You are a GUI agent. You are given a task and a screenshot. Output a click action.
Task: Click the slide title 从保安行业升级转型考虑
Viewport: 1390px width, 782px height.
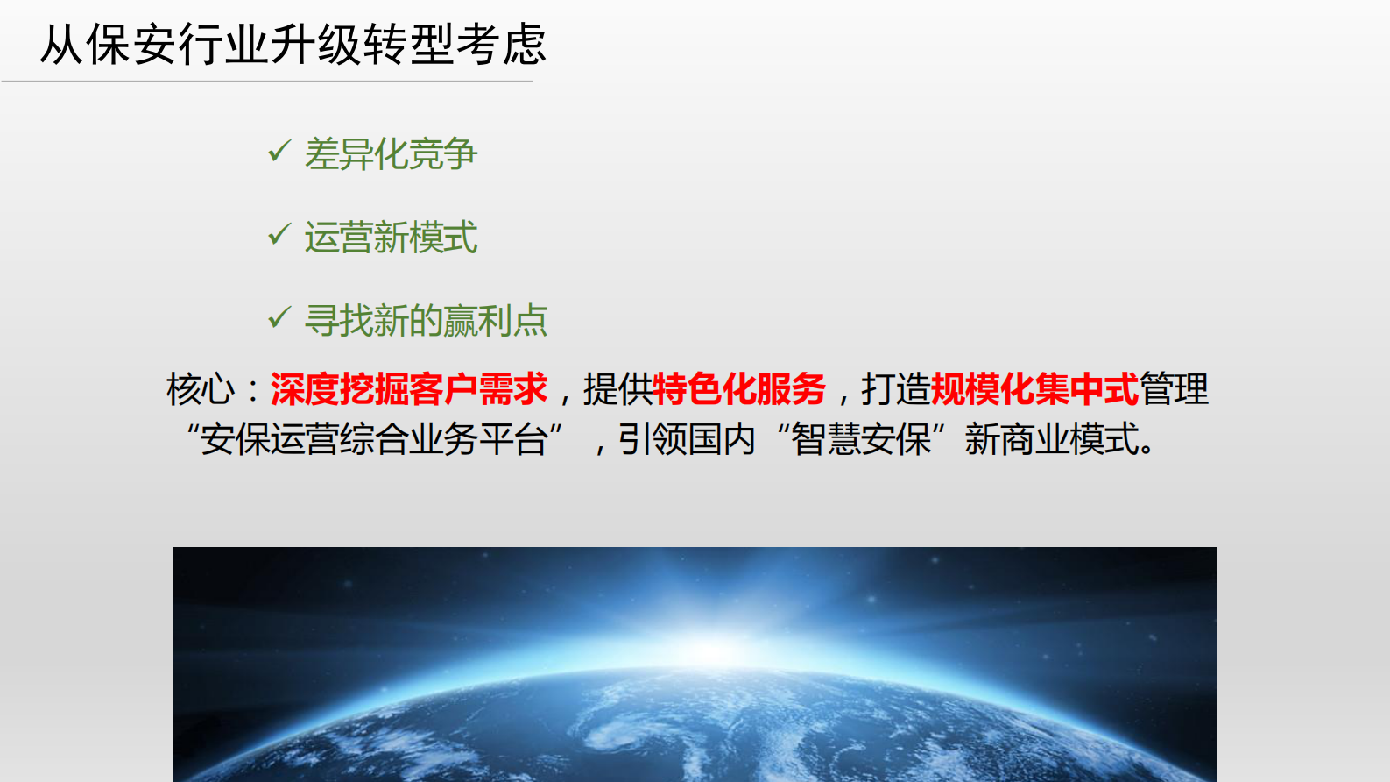[x=293, y=44]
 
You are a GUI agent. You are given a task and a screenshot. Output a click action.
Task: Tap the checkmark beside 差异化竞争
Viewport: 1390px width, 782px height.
[x=279, y=152]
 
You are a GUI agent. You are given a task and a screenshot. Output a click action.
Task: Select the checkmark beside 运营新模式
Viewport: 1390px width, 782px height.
[x=279, y=235]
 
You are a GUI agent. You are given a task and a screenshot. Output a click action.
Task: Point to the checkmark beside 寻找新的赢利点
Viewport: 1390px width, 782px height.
[x=279, y=317]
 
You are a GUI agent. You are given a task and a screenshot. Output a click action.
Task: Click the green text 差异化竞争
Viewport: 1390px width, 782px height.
[x=391, y=154]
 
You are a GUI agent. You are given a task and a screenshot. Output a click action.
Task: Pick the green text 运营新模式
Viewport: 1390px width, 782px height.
[x=391, y=238]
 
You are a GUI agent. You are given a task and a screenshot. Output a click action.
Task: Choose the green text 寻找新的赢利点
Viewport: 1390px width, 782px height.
[x=426, y=321]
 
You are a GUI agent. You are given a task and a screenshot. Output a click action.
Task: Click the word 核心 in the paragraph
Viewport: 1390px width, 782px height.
[x=201, y=389]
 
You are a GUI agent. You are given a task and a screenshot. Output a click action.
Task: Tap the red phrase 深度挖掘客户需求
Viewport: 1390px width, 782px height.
[x=408, y=389]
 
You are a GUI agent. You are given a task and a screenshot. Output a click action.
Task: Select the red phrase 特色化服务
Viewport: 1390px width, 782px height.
[x=739, y=389]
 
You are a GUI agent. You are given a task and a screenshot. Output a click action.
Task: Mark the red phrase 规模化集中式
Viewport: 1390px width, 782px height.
[x=1034, y=389]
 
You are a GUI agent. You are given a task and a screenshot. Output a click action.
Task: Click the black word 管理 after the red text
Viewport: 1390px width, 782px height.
[x=1174, y=389]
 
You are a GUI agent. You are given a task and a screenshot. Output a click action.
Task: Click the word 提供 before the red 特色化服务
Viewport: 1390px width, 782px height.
[x=617, y=389]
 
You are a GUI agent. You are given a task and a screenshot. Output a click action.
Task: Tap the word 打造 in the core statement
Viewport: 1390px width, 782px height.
[x=895, y=389]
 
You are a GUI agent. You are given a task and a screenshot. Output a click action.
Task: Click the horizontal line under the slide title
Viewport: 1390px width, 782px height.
[x=267, y=82]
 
